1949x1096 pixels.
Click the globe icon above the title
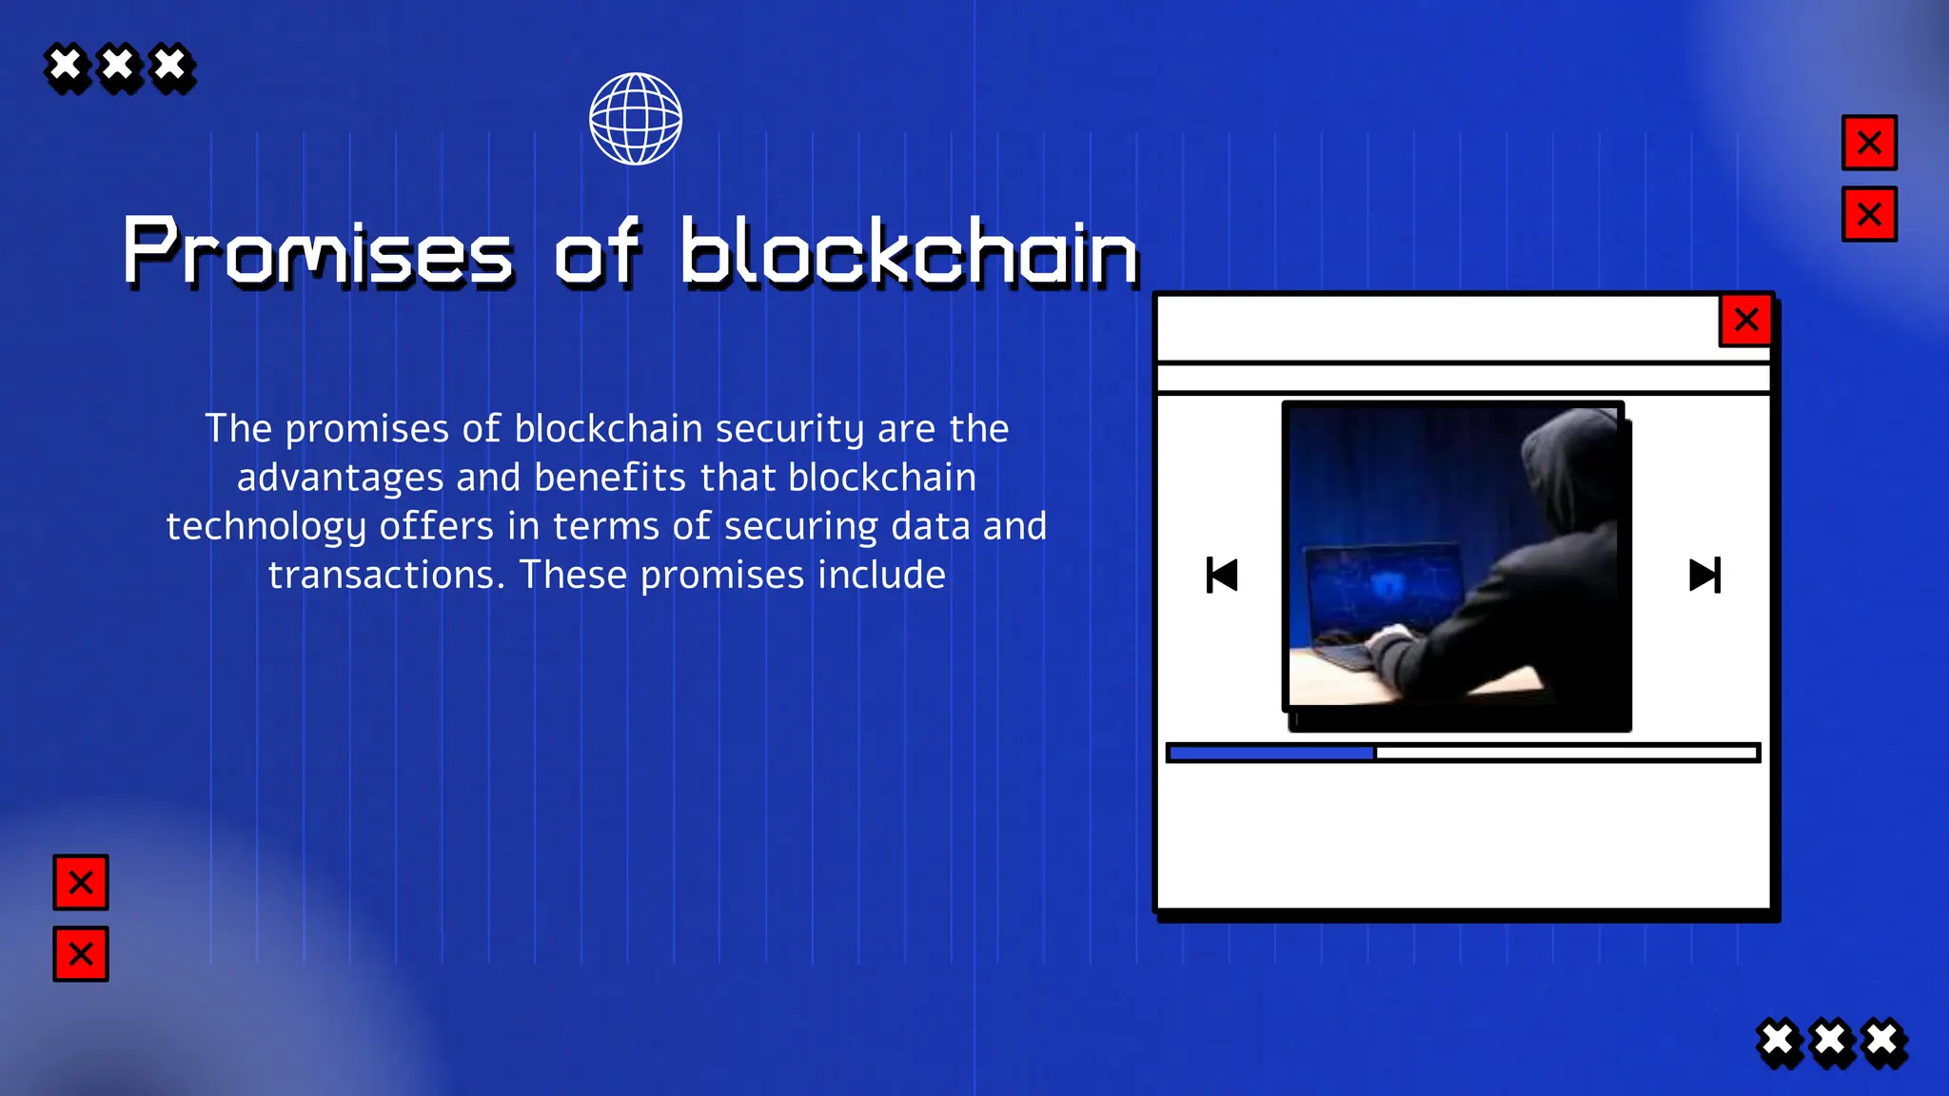[636, 119]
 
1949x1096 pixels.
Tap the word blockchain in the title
[909, 252]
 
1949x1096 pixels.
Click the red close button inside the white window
[1745, 320]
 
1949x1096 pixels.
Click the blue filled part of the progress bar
[1271, 753]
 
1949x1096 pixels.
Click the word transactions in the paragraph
[385, 576]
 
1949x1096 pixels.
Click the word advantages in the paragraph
[340, 478]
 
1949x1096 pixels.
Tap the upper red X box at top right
[1869, 143]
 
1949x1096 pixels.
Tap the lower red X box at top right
[1869, 214]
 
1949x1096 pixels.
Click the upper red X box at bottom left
[81, 882]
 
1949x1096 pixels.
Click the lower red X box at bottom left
[81, 953]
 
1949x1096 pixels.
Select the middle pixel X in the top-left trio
[119, 67]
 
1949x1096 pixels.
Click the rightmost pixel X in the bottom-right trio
[1882, 1041]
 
